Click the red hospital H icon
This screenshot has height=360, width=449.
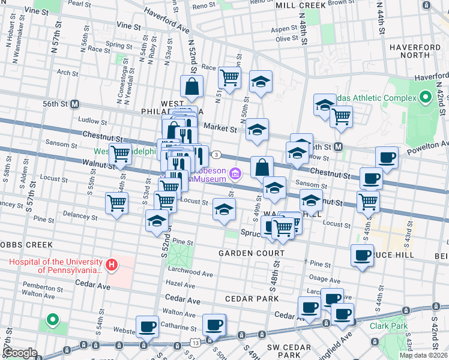[x=110, y=264]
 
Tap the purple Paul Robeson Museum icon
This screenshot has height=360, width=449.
[x=235, y=175]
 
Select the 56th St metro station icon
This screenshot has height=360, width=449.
[x=75, y=103]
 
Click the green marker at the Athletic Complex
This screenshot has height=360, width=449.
[x=426, y=97]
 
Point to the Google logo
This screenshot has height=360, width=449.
[x=20, y=353]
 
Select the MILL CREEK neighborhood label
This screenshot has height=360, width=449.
[x=300, y=5]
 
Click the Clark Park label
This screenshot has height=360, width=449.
[x=388, y=326]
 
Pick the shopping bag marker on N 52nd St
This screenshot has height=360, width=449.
[x=191, y=88]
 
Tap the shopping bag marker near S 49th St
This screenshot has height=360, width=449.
[x=262, y=167]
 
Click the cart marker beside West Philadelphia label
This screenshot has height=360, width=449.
[x=121, y=154]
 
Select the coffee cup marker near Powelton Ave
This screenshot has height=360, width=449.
[x=387, y=158]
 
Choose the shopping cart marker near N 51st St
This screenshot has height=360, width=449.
[x=229, y=77]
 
